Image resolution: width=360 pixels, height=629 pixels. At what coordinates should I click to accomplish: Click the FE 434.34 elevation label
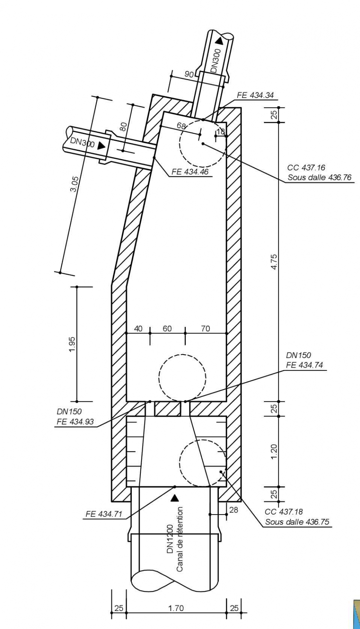(255, 95)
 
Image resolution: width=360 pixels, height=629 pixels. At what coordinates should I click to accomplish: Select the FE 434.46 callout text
(190, 172)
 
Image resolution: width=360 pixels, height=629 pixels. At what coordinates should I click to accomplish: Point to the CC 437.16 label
(306, 167)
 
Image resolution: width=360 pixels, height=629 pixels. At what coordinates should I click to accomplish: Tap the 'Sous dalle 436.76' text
(319, 177)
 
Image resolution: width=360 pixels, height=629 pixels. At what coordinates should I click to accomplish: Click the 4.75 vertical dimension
(274, 262)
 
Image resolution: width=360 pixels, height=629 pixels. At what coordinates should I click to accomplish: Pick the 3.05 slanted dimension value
(74, 184)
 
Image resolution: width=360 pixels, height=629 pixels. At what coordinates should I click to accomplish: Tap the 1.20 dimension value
(274, 451)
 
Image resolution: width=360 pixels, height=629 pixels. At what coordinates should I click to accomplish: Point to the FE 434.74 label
(305, 365)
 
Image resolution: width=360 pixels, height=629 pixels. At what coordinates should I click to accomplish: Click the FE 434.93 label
(75, 422)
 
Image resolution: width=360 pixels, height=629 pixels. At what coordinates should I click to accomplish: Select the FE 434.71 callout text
(104, 514)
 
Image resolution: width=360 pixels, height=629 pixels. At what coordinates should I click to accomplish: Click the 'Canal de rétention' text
(180, 539)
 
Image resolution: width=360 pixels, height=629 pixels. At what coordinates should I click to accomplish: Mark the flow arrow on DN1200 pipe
(175, 498)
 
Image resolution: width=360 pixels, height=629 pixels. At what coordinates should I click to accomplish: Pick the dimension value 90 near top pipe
(189, 74)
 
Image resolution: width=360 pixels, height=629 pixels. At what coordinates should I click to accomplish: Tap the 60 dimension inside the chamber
(167, 328)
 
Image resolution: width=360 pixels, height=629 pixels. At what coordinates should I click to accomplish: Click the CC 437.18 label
(284, 512)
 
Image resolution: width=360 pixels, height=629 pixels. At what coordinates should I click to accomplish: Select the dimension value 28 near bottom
(234, 510)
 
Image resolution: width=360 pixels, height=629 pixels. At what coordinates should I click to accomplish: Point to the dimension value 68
(181, 126)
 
